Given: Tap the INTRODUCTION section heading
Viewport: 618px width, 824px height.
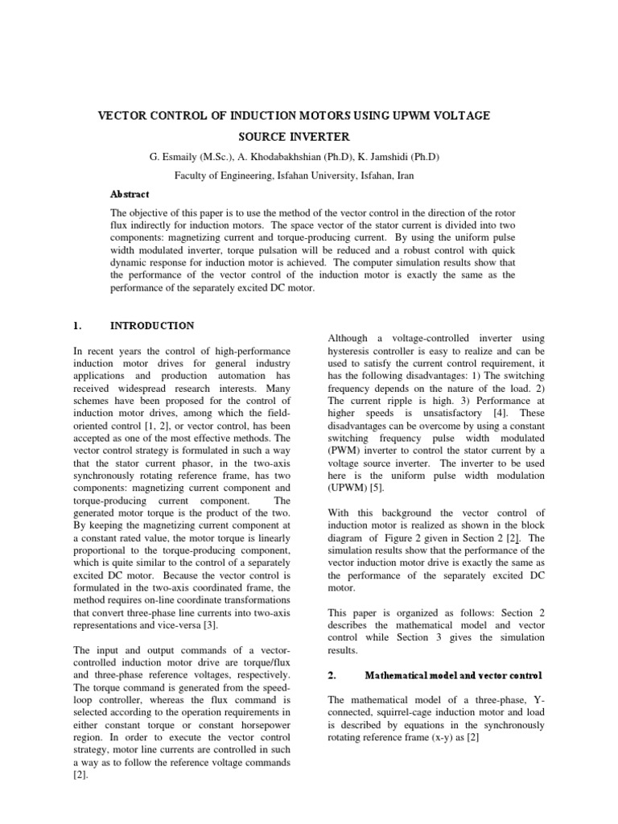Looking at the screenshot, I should pyautogui.click(x=152, y=326).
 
